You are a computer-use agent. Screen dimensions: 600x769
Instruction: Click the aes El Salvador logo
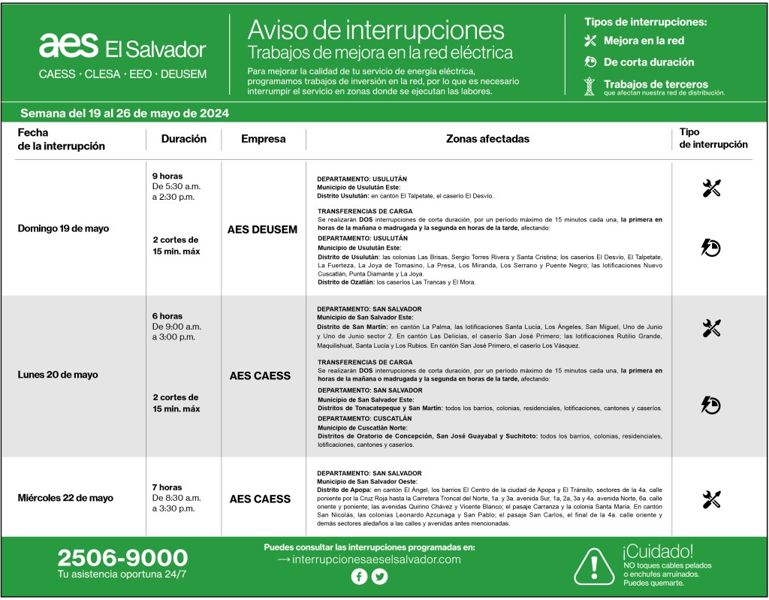[x=122, y=47]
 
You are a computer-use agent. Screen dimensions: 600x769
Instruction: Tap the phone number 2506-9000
[x=122, y=558]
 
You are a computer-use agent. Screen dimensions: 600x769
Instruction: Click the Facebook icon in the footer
[x=359, y=577]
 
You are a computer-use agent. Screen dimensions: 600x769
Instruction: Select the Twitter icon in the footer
[x=380, y=577]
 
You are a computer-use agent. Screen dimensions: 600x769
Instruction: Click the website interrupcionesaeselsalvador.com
[x=376, y=559]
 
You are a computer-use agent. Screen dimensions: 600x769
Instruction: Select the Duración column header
[x=183, y=139]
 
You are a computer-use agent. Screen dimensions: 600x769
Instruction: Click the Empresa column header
[x=264, y=139]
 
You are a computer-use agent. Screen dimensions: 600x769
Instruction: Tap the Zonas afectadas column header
[x=487, y=139]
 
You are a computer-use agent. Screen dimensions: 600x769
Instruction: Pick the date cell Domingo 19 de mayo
[x=63, y=228]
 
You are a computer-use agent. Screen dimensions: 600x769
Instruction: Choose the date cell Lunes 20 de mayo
[x=58, y=375]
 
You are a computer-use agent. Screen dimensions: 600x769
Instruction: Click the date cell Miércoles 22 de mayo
[x=65, y=498]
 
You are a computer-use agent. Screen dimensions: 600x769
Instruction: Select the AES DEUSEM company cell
[x=263, y=229]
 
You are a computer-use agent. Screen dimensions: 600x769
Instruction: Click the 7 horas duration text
[x=167, y=487]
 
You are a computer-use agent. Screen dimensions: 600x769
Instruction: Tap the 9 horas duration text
[x=167, y=176]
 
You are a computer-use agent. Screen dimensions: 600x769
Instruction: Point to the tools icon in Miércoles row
[x=711, y=499]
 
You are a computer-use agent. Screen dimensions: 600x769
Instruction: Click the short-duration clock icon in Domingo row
[x=710, y=246]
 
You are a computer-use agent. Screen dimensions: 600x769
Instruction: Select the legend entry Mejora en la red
[x=644, y=41]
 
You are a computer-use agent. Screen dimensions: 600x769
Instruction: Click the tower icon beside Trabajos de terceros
[x=590, y=86]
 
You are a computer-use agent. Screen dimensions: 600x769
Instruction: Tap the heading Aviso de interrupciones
[x=375, y=29]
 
